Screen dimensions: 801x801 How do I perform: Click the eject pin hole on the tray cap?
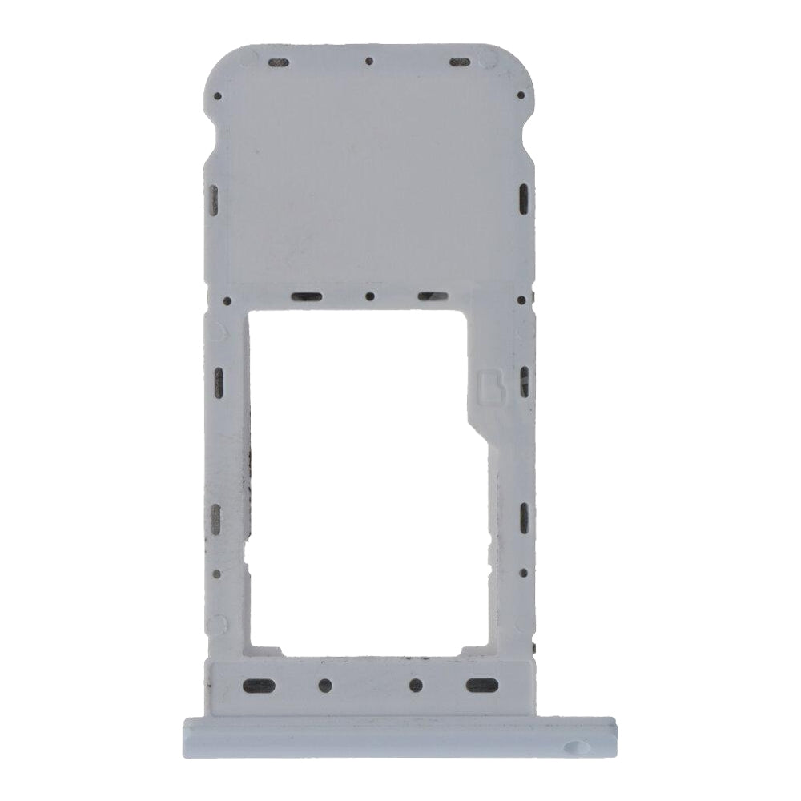click(x=574, y=747)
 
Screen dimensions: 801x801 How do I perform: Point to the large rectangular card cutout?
click(x=360, y=481)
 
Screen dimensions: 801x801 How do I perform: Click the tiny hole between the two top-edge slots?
click(x=369, y=61)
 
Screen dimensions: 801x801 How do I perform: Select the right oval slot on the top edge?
click(x=458, y=62)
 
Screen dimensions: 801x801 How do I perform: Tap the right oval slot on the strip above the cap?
click(x=482, y=685)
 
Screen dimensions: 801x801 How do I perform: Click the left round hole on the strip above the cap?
click(x=325, y=685)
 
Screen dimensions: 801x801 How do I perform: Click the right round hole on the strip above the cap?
click(x=416, y=685)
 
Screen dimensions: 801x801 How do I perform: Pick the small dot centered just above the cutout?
click(x=369, y=296)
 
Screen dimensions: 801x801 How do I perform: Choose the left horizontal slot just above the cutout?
click(x=306, y=296)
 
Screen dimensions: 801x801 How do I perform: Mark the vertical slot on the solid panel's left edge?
click(x=215, y=195)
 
